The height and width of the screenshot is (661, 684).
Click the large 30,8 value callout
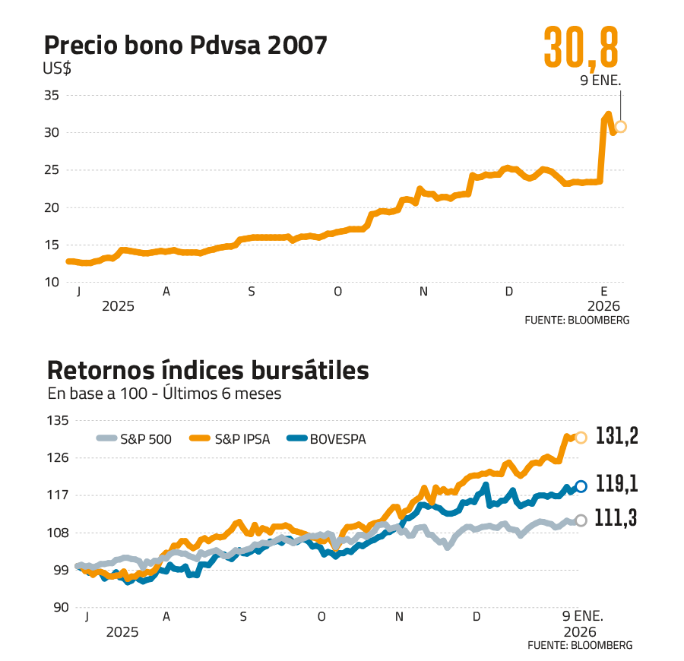(581, 49)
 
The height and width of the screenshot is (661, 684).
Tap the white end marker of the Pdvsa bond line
(621, 127)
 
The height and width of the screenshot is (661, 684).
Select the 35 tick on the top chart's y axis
(52, 95)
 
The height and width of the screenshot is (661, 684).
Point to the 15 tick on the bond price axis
(52, 245)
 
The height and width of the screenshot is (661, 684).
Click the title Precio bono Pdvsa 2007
(186, 45)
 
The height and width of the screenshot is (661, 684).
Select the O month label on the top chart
(337, 292)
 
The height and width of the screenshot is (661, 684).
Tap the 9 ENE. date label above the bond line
(600, 80)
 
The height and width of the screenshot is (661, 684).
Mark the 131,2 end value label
(616, 435)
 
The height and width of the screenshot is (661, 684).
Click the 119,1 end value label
(616, 484)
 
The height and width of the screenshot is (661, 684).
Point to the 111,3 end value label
(616, 519)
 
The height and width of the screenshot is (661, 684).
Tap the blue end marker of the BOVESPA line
(581, 486)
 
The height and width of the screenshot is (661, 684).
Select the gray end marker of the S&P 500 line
(581, 520)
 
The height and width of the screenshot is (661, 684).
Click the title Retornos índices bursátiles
(207, 371)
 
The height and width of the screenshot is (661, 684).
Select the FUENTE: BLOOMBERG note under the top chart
(577, 321)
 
